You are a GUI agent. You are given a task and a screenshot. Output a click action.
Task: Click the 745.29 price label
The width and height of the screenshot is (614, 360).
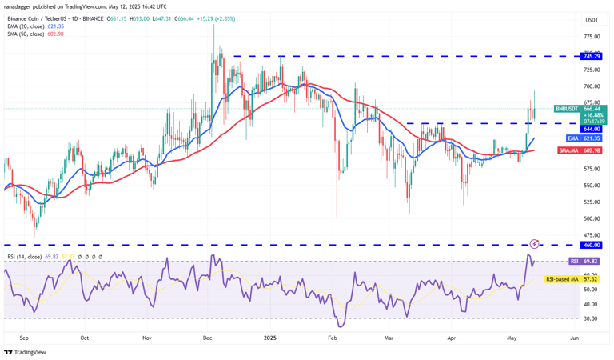pyautogui.click(x=592, y=56)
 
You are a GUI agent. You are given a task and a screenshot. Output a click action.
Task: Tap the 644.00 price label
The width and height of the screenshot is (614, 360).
pyautogui.click(x=592, y=129)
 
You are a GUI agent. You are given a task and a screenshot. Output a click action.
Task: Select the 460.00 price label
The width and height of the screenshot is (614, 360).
pyautogui.click(x=592, y=245)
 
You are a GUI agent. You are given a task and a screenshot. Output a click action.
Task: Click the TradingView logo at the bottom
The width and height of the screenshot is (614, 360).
pyautogui.click(x=25, y=352)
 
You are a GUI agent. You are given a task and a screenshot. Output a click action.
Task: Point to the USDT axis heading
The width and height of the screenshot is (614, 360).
pyautogui.click(x=592, y=20)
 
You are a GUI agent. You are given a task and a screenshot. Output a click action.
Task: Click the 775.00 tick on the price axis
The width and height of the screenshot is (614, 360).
pyautogui.click(x=592, y=37)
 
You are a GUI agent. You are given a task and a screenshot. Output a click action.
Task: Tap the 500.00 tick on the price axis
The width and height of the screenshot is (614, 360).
pyautogui.click(x=592, y=218)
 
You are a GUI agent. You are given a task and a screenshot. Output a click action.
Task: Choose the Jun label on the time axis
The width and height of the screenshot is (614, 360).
pyautogui.click(x=573, y=338)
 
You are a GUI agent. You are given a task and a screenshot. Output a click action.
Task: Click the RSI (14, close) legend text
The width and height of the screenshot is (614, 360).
pyautogui.click(x=28, y=256)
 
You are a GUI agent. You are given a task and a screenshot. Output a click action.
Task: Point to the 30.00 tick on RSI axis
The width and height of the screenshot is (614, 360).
pyautogui.click(x=592, y=318)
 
